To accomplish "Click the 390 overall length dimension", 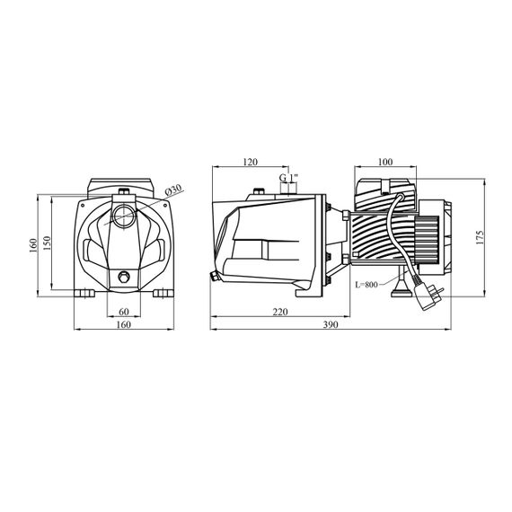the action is click(331, 324).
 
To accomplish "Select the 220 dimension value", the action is click(280, 312).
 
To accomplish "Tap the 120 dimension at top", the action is click(251, 162).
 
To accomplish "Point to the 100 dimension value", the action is click(385, 162).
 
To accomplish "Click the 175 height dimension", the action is click(480, 237).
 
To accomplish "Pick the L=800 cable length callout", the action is click(366, 285).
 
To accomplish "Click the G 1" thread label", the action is click(288, 178).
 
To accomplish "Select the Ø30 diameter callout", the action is click(173, 190).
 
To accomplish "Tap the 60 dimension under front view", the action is click(124, 312).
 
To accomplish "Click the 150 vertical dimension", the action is click(47, 243).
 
